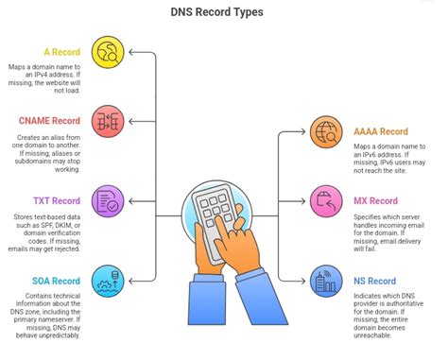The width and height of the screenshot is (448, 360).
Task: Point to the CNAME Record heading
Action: pos(50,120)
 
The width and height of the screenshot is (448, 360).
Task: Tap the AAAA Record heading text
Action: pos(384,131)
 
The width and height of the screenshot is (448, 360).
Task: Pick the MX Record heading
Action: pos(374,200)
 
